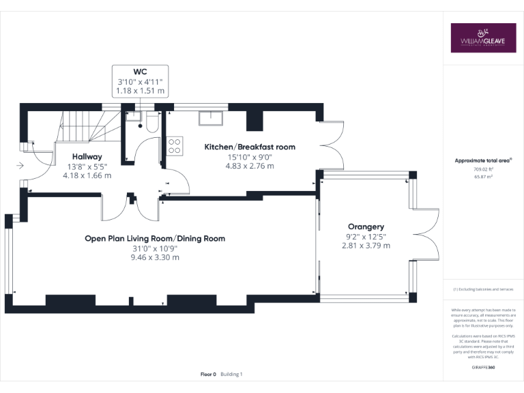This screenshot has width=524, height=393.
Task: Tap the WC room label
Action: click(x=141, y=71)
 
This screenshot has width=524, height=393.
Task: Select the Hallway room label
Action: click(x=87, y=156)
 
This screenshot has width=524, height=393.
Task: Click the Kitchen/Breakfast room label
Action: click(x=250, y=147)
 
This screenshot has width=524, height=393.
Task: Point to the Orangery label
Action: click(x=366, y=227)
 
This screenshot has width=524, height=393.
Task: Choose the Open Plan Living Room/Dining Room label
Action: click(x=155, y=238)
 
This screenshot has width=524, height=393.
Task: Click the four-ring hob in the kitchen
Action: click(x=174, y=145)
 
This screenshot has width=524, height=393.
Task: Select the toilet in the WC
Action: click(x=151, y=121)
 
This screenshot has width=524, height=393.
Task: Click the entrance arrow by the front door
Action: click(x=20, y=164)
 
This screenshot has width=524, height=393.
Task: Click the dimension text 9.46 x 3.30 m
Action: click(x=156, y=257)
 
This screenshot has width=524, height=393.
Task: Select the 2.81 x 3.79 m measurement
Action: click(x=366, y=246)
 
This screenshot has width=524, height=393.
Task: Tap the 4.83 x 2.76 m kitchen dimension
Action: click(x=250, y=166)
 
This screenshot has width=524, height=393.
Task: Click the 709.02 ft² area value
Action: click(x=483, y=170)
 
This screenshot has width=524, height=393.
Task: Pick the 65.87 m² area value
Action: click(x=483, y=177)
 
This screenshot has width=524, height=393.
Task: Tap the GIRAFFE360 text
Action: click(x=483, y=367)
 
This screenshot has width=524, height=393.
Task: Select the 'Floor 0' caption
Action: click(x=208, y=374)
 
